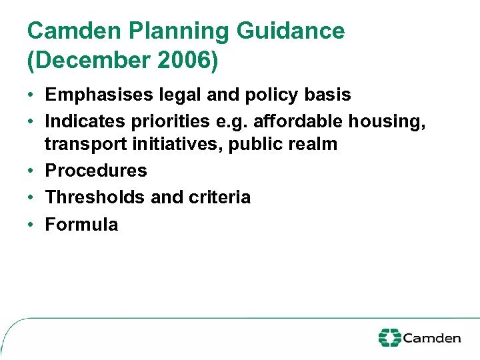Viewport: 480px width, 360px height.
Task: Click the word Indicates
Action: pyautogui.click(x=84, y=121)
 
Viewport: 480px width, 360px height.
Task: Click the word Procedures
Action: pyautogui.click(x=96, y=171)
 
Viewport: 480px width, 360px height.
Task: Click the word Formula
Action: pyautogui.click(x=81, y=225)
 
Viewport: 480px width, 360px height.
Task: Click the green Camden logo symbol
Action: pyautogui.click(x=389, y=337)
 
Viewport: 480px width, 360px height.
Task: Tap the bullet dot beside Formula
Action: pyautogui.click(x=32, y=225)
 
